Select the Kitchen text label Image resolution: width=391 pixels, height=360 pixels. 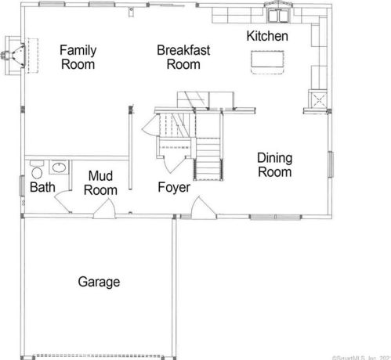pos(267,36)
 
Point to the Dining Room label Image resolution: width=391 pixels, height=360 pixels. pos(274,164)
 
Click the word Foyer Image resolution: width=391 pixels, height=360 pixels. pos(174,188)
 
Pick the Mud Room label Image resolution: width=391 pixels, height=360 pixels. pos(102,182)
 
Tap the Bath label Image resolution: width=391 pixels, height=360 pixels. pos(42,188)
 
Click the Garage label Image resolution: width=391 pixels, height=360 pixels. pos(99,282)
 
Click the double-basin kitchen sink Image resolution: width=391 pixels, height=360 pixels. pos(277,15)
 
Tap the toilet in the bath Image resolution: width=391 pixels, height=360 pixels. pos(35,172)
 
